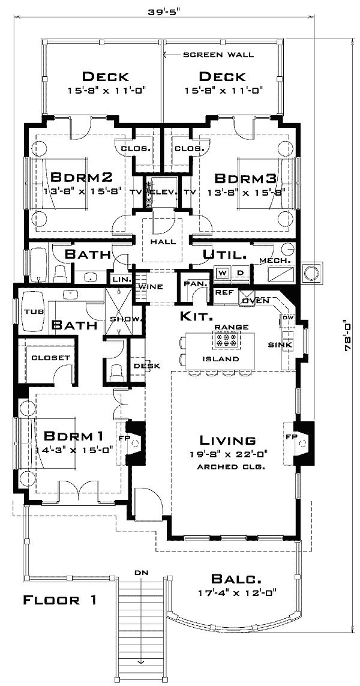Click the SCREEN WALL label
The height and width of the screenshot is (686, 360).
pyautogui.click(x=218, y=55)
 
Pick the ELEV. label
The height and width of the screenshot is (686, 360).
pyautogui.click(x=161, y=192)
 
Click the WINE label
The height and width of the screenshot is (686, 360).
pyautogui.click(x=151, y=286)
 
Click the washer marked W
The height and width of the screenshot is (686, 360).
pyautogui.click(x=222, y=273)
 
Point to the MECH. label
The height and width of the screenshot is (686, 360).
pyautogui.click(x=275, y=260)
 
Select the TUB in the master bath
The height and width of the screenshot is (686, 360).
pyautogui.click(x=31, y=311)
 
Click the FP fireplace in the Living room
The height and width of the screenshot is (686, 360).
pyautogui.click(x=290, y=436)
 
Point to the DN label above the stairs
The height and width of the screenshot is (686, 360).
pyautogui.click(x=141, y=573)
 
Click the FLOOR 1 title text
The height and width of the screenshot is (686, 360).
pyautogui.click(x=59, y=600)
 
